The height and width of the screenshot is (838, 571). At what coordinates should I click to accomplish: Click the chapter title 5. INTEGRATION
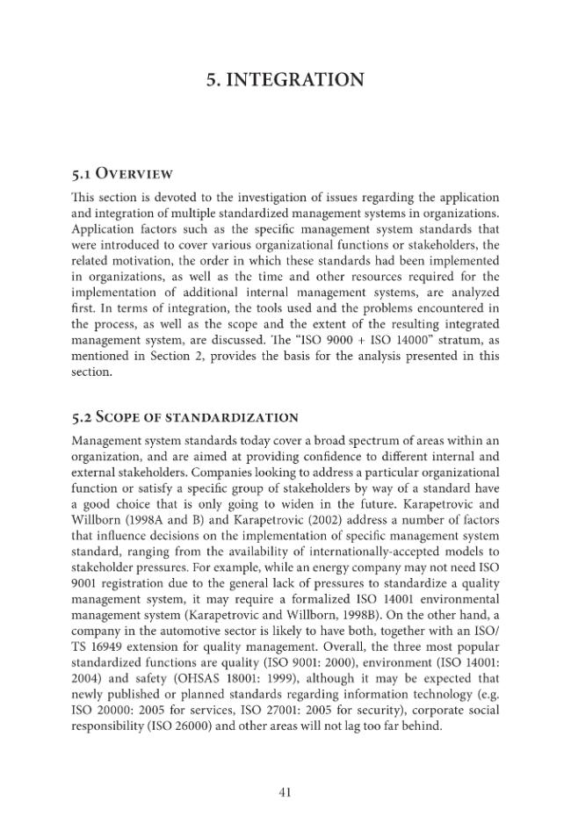point(285,81)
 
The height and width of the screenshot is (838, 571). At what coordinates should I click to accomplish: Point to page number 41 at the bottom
point(285,792)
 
